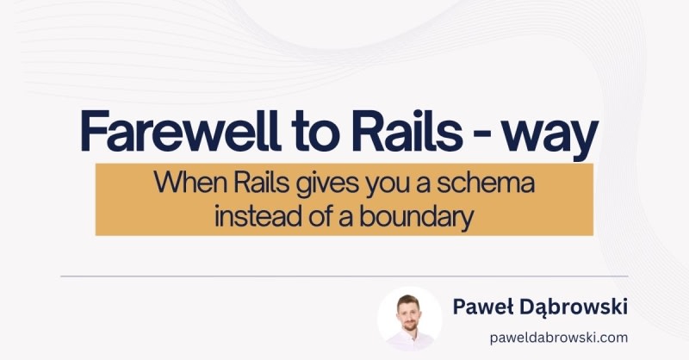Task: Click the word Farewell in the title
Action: tap(180, 131)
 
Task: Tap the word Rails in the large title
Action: tap(407, 131)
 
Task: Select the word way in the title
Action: tap(550, 136)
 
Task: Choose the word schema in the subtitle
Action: tap(485, 182)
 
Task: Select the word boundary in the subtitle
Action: tap(417, 218)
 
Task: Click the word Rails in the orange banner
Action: tap(261, 182)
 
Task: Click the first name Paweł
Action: tap(482, 307)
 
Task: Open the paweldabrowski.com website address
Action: tap(559, 338)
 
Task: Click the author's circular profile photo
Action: tap(410, 319)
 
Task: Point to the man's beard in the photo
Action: tap(409, 326)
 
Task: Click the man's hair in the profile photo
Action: tap(408, 300)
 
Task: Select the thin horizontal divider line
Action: tap(344, 276)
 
